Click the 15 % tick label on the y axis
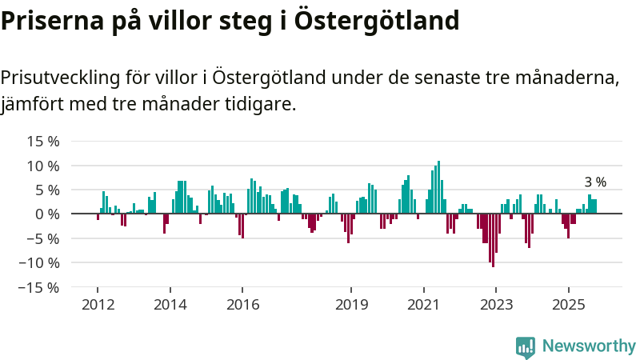(42, 142)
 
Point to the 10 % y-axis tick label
(42, 166)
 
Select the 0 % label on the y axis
(46, 214)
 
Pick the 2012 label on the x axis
(98, 305)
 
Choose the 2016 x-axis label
(242, 305)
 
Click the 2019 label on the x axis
(351, 305)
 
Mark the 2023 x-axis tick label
(496, 305)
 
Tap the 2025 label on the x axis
(568, 305)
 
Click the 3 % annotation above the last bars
(594, 182)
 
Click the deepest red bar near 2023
(493, 240)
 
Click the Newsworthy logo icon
(526, 346)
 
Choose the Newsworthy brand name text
(589, 346)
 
